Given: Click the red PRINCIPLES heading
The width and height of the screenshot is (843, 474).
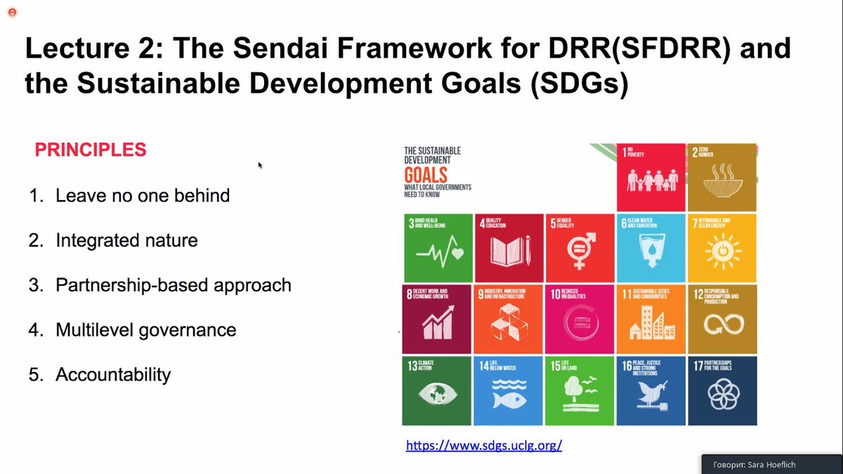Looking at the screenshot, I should click(x=91, y=150).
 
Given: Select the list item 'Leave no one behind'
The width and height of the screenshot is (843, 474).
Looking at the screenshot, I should click(x=143, y=195).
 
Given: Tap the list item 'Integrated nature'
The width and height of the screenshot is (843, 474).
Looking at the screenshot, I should click(x=126, y=240).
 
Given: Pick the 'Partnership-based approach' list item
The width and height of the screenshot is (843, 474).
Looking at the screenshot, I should click(x=173, y=285).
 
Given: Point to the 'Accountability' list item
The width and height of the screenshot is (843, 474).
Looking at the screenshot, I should click(x=113, y=375).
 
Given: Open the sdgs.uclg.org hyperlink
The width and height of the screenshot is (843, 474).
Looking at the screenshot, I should click(x=484, y=445).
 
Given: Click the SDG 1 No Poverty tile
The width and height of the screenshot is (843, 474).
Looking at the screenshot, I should click(x=651, y=177).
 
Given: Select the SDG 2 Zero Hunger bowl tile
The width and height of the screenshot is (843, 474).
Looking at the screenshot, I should click(x=721, y=177).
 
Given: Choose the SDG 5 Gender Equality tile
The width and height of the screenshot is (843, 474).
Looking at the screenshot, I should click(x=580, y=248).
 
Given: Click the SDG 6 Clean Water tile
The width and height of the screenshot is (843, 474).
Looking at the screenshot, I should click(x=651, y=248).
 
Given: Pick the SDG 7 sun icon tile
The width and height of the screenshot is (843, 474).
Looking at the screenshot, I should click(x=721, y=248).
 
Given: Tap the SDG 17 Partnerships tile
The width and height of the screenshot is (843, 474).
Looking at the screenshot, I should click(x=721, y=390).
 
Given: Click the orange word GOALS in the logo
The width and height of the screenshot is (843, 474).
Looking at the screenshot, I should click(x=425, y=173).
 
